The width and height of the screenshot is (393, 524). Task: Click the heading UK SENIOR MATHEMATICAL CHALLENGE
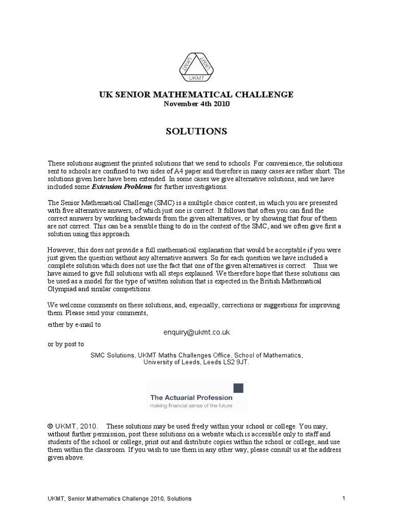(x=196, y=95)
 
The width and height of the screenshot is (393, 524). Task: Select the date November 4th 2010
(x=196, y=104)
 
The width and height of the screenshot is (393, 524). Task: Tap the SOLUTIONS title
(x=196, y=132)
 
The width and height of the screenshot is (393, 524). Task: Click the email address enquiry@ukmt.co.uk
(x=196, y=332)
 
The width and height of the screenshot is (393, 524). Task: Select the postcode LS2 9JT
(x=236, y=362)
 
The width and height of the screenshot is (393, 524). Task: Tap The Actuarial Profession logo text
(x=191, y=397)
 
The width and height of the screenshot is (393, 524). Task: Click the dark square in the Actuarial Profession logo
(x=238, y=388)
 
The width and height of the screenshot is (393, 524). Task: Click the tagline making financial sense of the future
(x=191, y=406)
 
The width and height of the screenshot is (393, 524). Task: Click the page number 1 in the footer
(x=344, y=498)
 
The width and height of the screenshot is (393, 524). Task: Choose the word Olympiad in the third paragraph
(x=64, y=289)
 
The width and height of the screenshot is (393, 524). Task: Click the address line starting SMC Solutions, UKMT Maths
(x=196, y=355)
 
